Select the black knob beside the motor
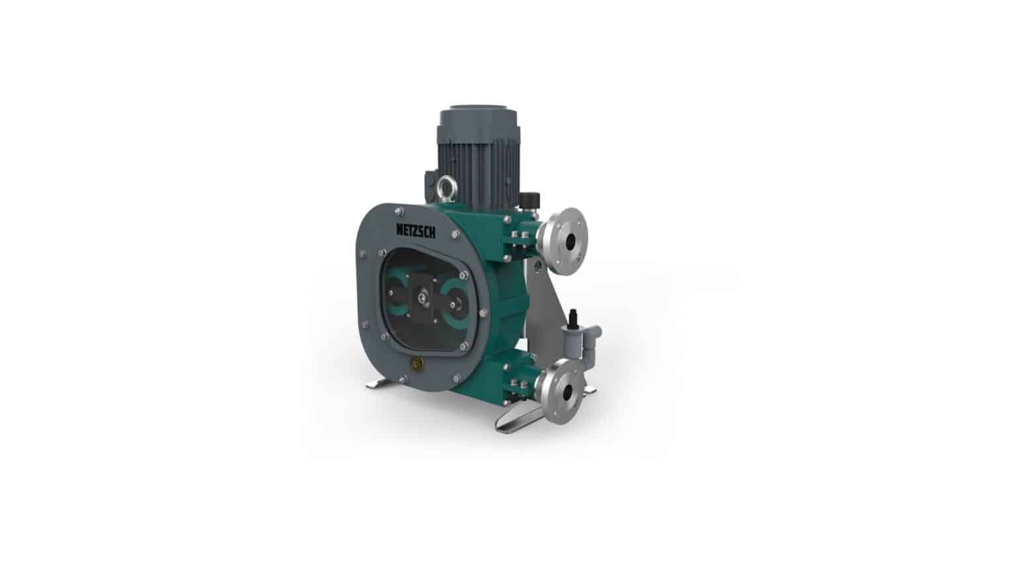tap(529, 199)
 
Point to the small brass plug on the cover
tap(415, 362)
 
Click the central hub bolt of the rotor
tap(422, 298)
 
